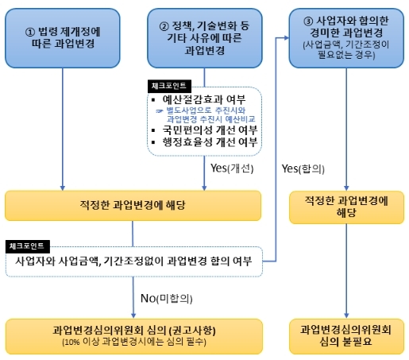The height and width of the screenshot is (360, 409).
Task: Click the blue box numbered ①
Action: coord(63,38)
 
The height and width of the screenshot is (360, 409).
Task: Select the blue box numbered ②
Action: coord(205,38)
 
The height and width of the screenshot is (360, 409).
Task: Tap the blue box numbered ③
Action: coord(346,38)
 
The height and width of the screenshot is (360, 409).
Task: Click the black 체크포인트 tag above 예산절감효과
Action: coord(169,86)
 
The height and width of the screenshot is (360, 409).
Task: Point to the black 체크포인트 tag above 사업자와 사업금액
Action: coord(27,246)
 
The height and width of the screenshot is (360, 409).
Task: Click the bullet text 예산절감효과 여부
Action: coord(204,99)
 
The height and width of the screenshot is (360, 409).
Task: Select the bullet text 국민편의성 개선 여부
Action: coord(210,130)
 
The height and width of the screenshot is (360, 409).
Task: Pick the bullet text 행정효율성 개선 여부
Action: coord(210,142)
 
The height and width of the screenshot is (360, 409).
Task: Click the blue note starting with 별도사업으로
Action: coord(206,115)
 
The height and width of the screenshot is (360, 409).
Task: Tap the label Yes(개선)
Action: coord(232,168)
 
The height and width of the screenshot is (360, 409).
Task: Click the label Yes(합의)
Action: coord(303,168)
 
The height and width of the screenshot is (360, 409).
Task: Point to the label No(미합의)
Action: coord(166,299)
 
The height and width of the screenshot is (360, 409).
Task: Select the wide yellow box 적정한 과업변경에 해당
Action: coord(133,206)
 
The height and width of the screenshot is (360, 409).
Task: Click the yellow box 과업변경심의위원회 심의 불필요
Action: coord(346,336)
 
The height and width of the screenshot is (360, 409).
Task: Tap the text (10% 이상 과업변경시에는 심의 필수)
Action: coord(134,342)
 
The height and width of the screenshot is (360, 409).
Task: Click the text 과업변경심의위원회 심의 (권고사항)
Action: coord(134,330)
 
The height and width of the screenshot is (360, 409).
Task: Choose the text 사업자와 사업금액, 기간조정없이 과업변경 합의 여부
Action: coord(133,261)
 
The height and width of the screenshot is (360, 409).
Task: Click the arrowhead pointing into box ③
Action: coord(287,38)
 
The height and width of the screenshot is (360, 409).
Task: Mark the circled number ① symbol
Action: coord(30,32)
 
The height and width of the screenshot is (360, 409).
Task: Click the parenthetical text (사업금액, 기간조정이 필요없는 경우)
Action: coord(346,49)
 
